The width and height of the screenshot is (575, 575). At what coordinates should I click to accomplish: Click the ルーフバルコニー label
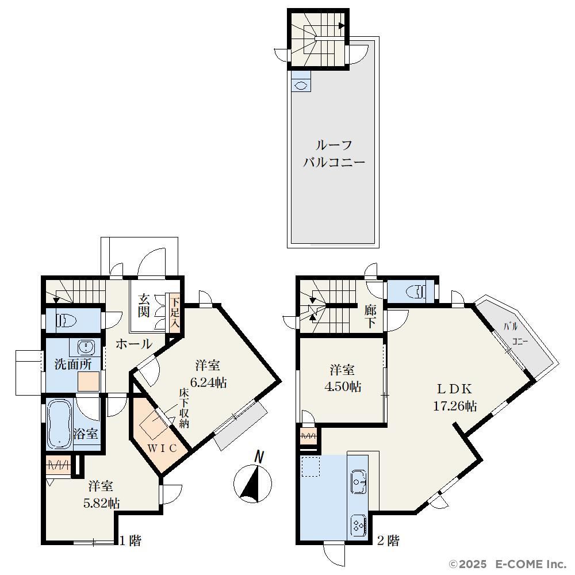[333, 154]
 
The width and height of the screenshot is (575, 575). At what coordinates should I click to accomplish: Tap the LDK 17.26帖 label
[455, 397]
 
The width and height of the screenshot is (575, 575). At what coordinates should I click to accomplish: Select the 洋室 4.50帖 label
[343, 378]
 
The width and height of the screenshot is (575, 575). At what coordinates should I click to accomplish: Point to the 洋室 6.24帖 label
[209, 374]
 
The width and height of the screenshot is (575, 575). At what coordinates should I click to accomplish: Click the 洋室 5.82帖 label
[102, 494]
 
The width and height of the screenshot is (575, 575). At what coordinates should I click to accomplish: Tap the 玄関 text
[144, 305]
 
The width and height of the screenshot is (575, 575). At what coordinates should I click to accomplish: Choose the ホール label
[134, 344]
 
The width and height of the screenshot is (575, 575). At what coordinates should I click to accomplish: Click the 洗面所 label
[73, 364]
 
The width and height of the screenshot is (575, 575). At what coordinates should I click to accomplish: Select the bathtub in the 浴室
[59, 424]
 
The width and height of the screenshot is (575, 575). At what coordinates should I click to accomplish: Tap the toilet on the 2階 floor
[416, 292]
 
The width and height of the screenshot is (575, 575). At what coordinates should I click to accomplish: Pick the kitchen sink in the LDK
[358, 481]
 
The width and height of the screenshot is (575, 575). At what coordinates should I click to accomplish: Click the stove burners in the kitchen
[358, 526]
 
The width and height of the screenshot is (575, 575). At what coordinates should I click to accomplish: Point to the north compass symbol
[252, 478]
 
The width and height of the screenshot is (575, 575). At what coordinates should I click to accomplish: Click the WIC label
[163, 448]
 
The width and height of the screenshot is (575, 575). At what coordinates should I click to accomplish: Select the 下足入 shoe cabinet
[175, 313]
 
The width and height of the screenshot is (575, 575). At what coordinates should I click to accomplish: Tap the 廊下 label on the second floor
[370, 317]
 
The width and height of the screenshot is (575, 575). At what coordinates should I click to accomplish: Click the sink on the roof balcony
[301, 86]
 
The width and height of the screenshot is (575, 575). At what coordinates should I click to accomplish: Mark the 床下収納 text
[184, 408]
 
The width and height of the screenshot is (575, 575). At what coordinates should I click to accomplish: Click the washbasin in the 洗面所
[87, 347]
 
